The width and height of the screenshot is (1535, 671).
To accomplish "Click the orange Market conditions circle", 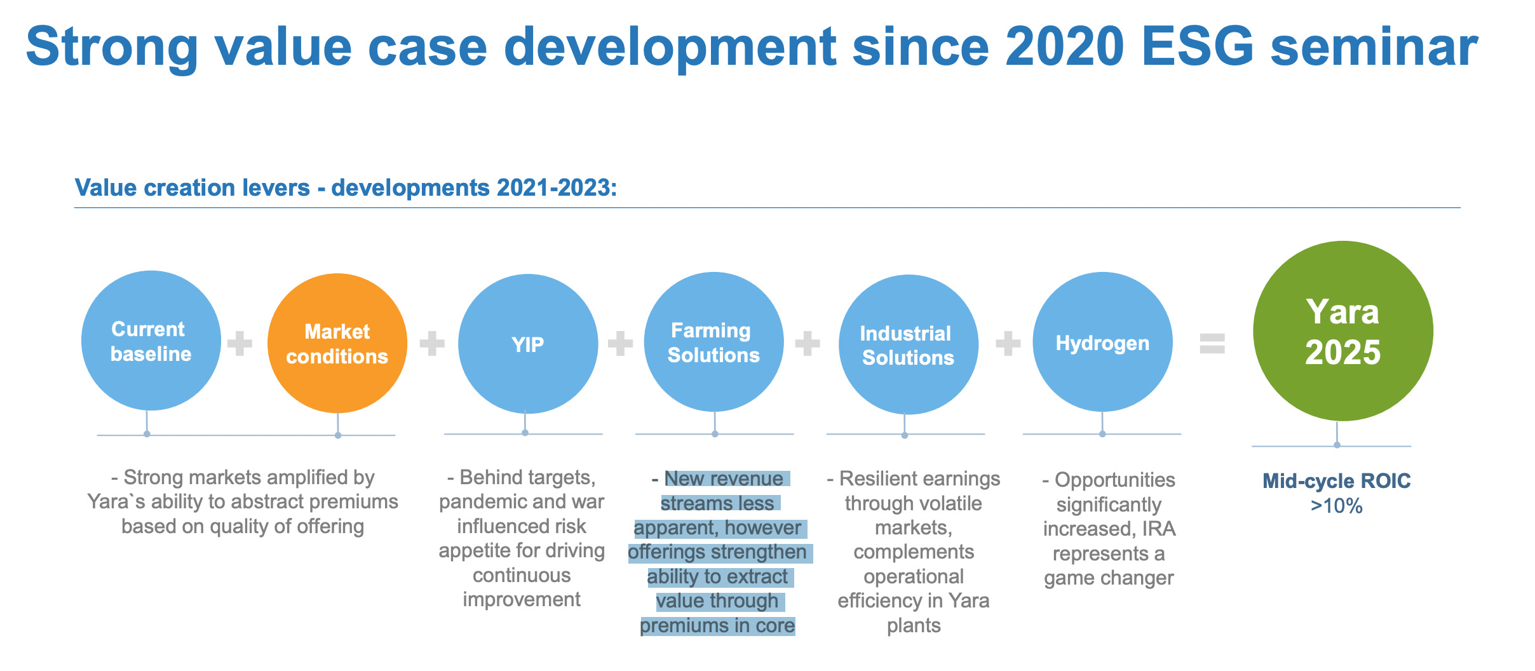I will point(337,344).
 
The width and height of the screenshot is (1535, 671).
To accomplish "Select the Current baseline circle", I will point(151,341).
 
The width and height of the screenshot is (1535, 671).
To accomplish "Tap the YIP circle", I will point(527,344).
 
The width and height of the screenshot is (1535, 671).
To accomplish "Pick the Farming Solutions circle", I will point(713,342).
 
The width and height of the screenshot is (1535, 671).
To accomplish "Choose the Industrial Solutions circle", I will point(908,345).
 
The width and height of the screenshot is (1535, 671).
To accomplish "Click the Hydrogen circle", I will point(1102,342).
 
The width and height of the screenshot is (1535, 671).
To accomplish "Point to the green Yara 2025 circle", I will point(1342,331).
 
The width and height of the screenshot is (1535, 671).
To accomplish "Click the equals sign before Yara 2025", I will point(1212,344).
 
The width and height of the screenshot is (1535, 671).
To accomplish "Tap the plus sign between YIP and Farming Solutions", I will point(620,344).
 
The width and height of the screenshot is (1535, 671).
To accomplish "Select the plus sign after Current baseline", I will point(240,344).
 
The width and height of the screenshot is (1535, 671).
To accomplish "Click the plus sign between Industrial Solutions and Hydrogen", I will point(1008,344).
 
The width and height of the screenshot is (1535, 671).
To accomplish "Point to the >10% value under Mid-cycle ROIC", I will point(1336,506).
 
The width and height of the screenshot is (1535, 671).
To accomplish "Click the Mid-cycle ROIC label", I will point(1336,481).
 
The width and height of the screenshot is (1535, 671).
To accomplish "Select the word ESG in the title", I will point(1197,47).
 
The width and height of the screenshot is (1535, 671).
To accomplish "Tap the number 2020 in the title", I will point(1064,47).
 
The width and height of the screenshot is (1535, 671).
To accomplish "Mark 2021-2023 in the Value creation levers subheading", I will point(557,188).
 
